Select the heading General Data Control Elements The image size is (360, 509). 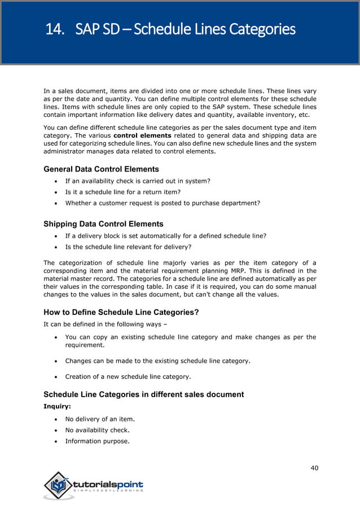(x=101, y=169)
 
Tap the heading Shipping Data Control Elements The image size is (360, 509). (x=103, y=224)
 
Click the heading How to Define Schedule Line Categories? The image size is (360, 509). (x=121, y=313)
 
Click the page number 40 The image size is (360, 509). (x=314, y=467)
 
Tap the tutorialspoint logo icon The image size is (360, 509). (x=58, y=485)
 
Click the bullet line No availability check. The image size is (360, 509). (x=97, y=430)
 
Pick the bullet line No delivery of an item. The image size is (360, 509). (x=99, y=419)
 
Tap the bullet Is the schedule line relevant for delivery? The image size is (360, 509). (x=128, y=247)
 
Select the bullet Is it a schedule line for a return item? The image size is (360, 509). (x=122, y=192)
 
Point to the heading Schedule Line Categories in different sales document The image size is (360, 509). (x=143, y=394)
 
